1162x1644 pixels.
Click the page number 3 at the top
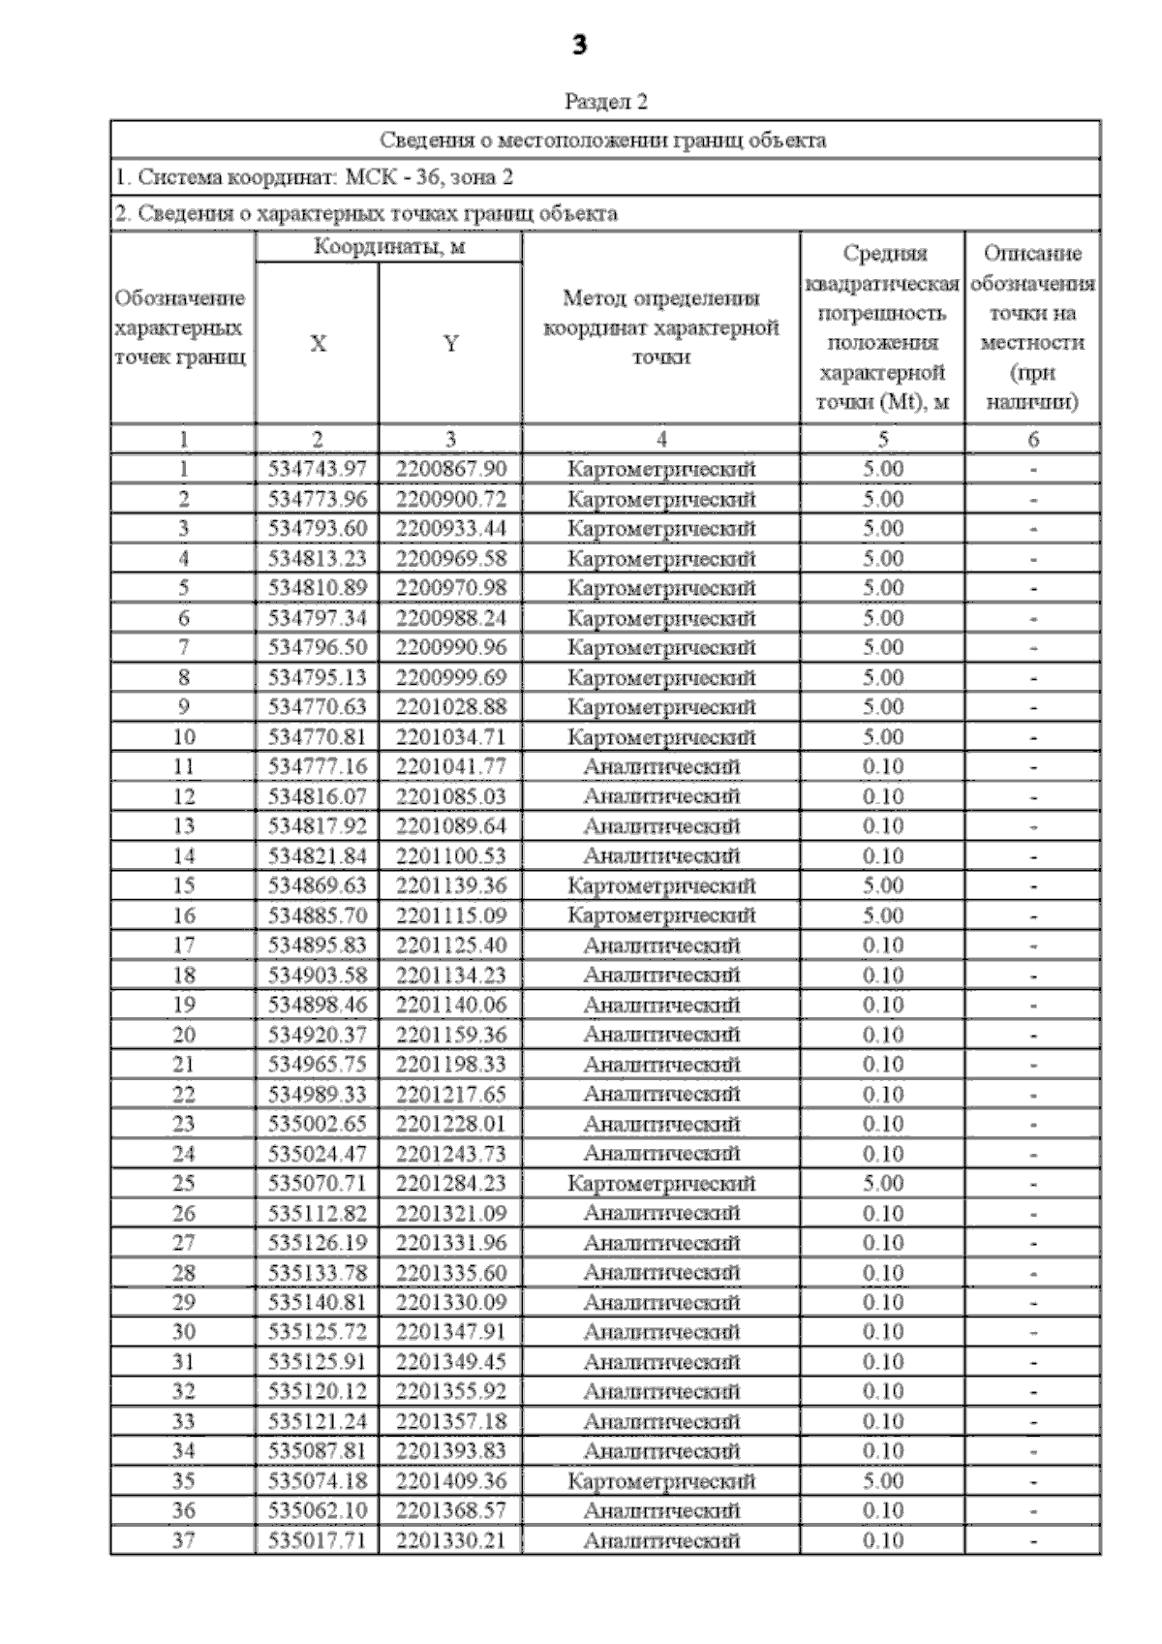point(579,46)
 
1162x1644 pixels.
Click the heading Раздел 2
point(605,102)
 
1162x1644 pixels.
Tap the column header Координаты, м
point(388,247)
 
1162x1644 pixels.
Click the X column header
point(318,344)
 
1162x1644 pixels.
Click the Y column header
point(450,344)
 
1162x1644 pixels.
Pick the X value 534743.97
point(318,470)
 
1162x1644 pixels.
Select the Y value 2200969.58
point(450,559)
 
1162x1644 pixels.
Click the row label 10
point(183,737)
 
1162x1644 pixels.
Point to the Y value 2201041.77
point(450,767)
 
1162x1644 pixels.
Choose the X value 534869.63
point(318,886)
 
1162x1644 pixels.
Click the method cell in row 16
point(661,915)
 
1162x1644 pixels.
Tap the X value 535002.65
point(318,1124)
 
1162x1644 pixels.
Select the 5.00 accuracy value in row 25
point(882,1184)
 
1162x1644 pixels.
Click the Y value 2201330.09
point(450,1303)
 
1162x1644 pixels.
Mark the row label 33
point(183,1422)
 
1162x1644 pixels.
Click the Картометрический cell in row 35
point(661,1481)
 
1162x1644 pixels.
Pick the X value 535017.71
point(318,1540)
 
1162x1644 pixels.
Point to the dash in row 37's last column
point(1033,1540)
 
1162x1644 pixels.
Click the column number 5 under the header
point(882,440)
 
